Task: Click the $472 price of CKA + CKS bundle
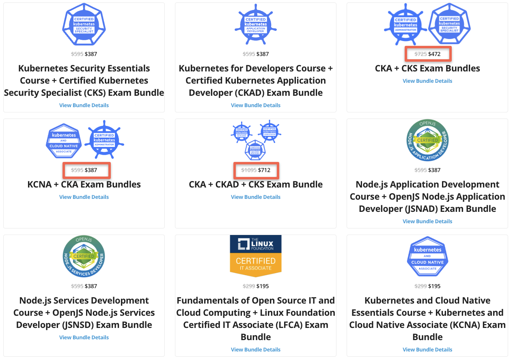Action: [x=434, y=54]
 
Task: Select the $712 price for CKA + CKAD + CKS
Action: [x=264, y=170]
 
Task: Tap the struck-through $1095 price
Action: [x=249, y=170]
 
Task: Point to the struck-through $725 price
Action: [x=420, y=54]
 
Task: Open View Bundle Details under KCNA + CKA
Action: [x=84, y=197]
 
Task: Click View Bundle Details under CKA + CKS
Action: [x=427, y=81]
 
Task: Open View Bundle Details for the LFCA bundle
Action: [x=256, y=349]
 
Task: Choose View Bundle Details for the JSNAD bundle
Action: [x=427, y=221]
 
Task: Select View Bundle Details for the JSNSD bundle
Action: [x=84, y=337]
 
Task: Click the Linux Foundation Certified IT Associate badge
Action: [x=256, y=256]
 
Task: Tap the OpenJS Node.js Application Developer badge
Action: [x=427, y=140]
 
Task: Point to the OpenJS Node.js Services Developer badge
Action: [x=84, y=257]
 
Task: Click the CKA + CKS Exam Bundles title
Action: [x=427, y=68]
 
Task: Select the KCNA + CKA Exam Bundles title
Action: [x=84, y=184]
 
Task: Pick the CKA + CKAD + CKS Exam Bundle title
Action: [x=256, y=184]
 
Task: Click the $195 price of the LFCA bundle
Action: [x=263, y=286]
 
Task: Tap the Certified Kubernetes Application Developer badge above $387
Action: [x=256, y=24]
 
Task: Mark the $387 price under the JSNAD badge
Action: [x=434, y=170]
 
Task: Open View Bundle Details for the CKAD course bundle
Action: [x=256, y=105]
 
